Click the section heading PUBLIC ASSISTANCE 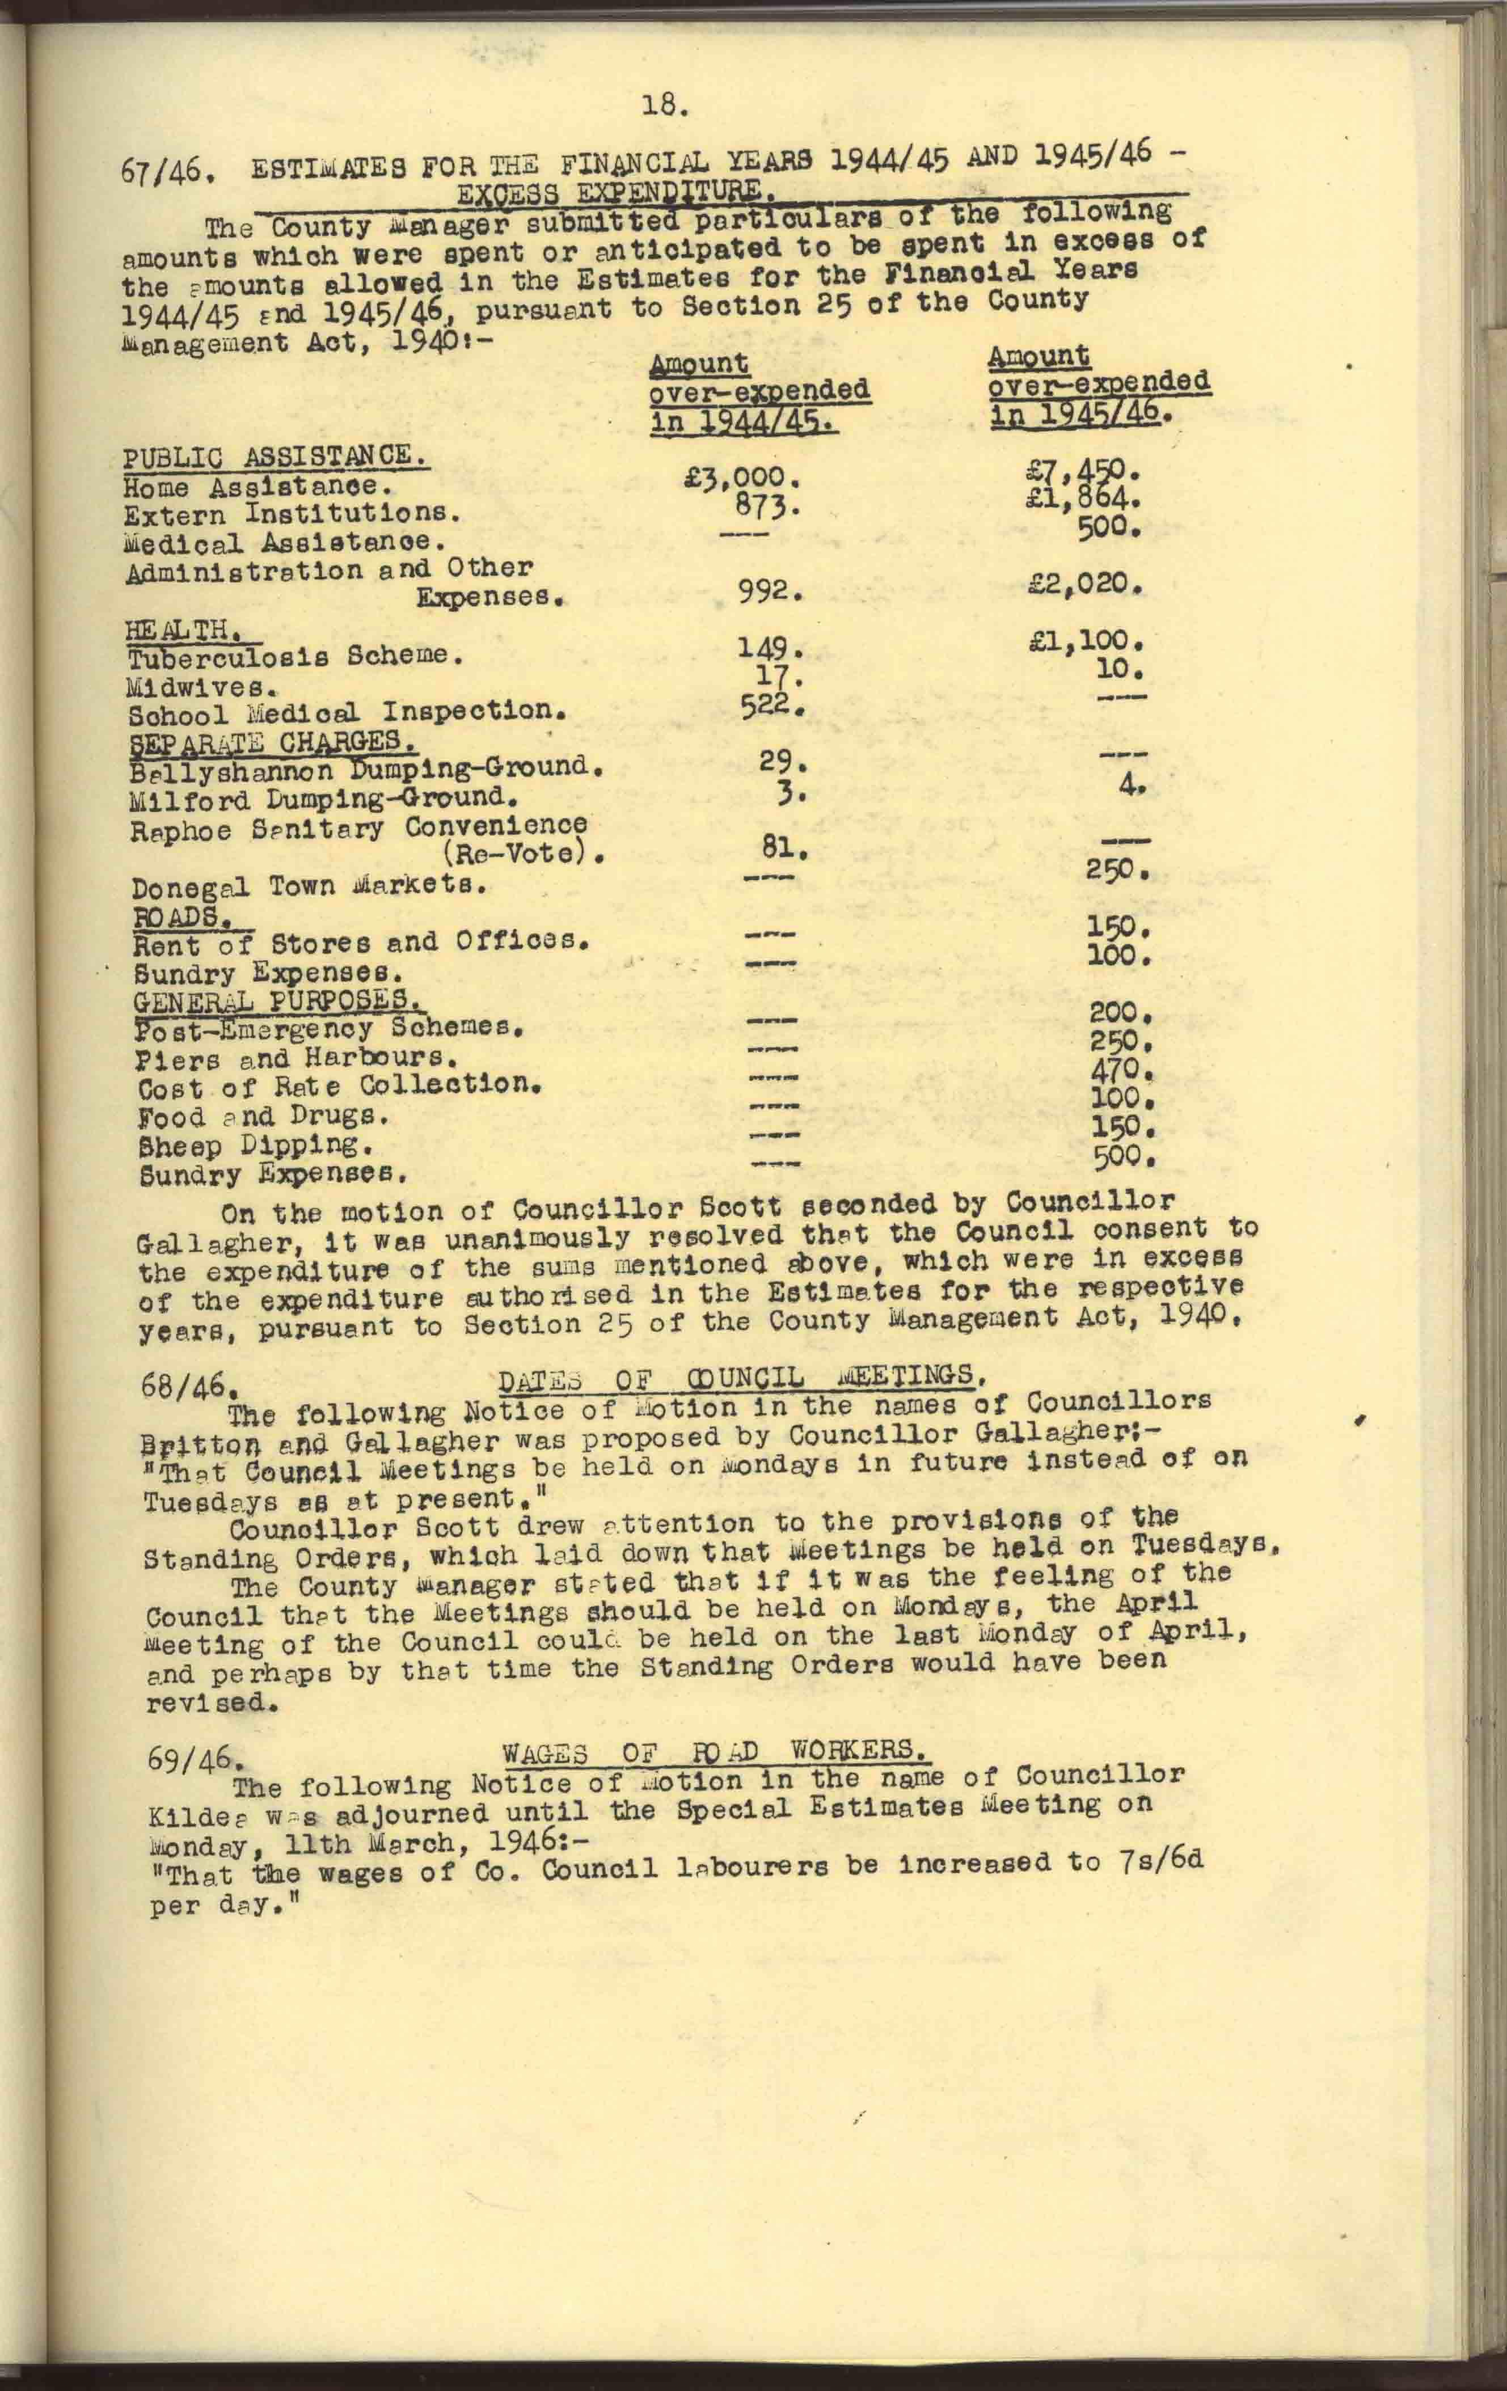(x=275, y=458)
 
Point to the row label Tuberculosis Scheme (x=294, y=657)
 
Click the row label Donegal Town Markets (x=308, y=886)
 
